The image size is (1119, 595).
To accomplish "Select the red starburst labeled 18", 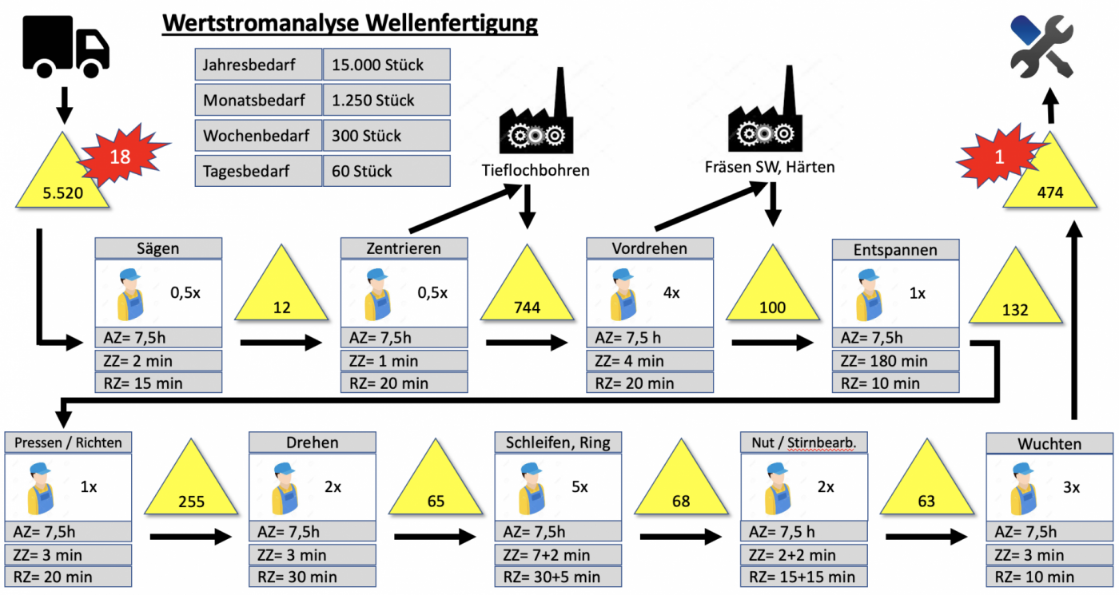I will [120, 157].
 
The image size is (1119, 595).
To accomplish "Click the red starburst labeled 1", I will [998, 158].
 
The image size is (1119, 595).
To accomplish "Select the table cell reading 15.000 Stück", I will [386, 65].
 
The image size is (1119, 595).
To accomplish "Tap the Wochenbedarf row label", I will [257, 136].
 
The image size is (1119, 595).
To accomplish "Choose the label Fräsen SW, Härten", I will [769, 168].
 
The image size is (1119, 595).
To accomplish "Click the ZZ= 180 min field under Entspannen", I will [895, 361].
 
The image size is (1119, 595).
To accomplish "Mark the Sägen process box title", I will [158, 248].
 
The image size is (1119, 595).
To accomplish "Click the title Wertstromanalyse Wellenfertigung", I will [350, 24].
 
